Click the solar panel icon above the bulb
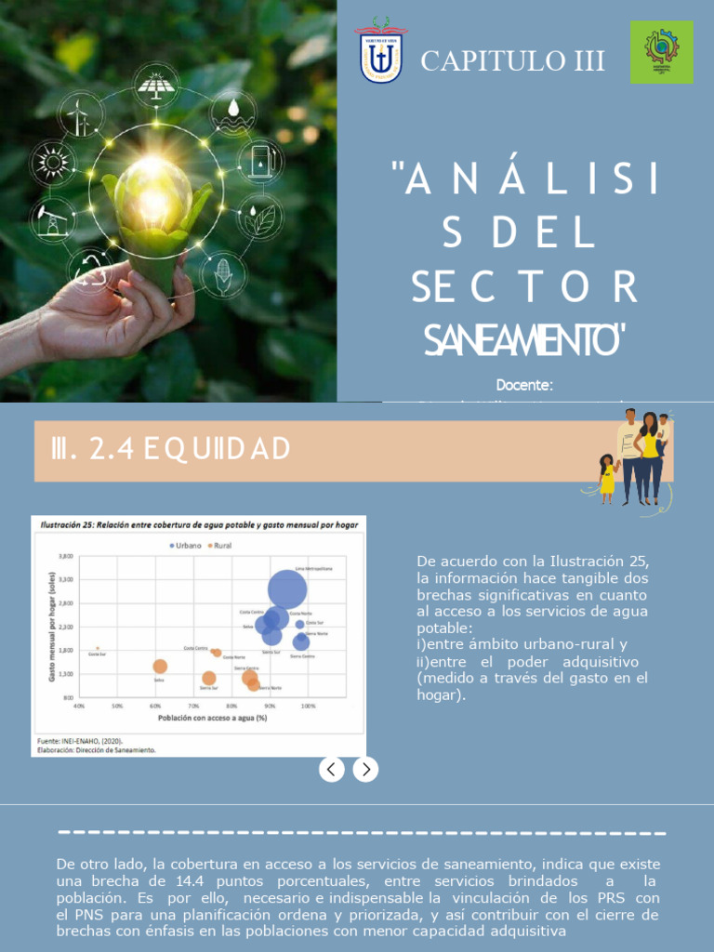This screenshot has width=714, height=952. tap(155, 86)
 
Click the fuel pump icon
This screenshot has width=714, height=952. tap(262, 162)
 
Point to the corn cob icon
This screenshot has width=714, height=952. tap(223, 275)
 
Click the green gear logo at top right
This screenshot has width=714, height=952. tap(661, 52)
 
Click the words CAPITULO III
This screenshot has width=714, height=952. tap(512, 61)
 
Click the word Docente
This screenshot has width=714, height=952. tap(524, 385)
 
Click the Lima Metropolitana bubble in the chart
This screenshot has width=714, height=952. tap(287, 588)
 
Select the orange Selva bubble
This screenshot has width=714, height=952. tap(160, 667)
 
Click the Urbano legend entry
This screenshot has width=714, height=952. tap(185, 546)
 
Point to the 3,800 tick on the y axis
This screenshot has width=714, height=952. tap(65, 556)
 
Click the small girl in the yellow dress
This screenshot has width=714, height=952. tap(607, 478)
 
